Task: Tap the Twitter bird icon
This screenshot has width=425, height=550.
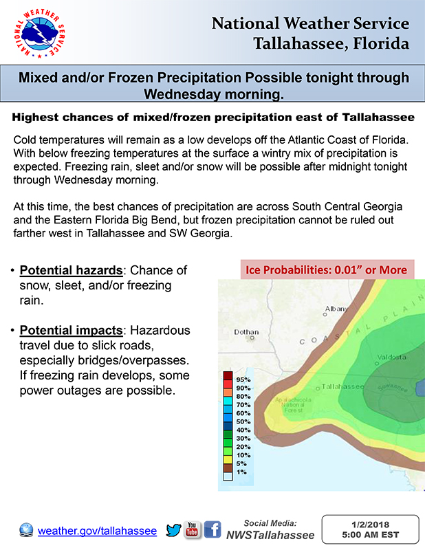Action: click(174, 530)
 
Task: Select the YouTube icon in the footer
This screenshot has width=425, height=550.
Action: click(193, 530)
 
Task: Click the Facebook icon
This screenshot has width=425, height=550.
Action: click(212, 530)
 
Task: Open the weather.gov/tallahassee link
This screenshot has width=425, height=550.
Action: click(97, 531)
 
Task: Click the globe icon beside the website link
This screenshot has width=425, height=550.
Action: click(26, 531)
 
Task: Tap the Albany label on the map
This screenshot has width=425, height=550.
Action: click(336, 309)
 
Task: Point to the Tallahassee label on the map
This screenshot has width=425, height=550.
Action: click(342, 386)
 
